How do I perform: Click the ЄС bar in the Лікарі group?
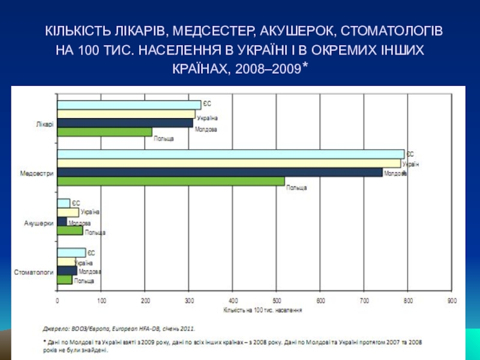(x=129, y=105)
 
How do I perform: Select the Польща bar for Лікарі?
(x=104, y=132)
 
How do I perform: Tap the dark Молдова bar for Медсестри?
(x=220, y=172)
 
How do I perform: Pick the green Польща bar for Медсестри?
(x=170, y=181)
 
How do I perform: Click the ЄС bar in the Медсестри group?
(x=230, y=154)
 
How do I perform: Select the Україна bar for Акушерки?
(x=68, y=212)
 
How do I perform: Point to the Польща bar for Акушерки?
(x=70, y=230)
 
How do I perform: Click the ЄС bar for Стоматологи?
(x=71, y=253)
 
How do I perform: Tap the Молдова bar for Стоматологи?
(x=67, y=271)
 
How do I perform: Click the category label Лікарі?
(x=44, y=124)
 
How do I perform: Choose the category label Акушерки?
(x=39, y=223)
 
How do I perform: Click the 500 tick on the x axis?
(x=277, y=301)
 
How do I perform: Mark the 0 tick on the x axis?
(x=58, y=301)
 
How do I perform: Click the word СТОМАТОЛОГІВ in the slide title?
(x=392, y=30)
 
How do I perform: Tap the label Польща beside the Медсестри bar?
(x=296, y=188)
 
